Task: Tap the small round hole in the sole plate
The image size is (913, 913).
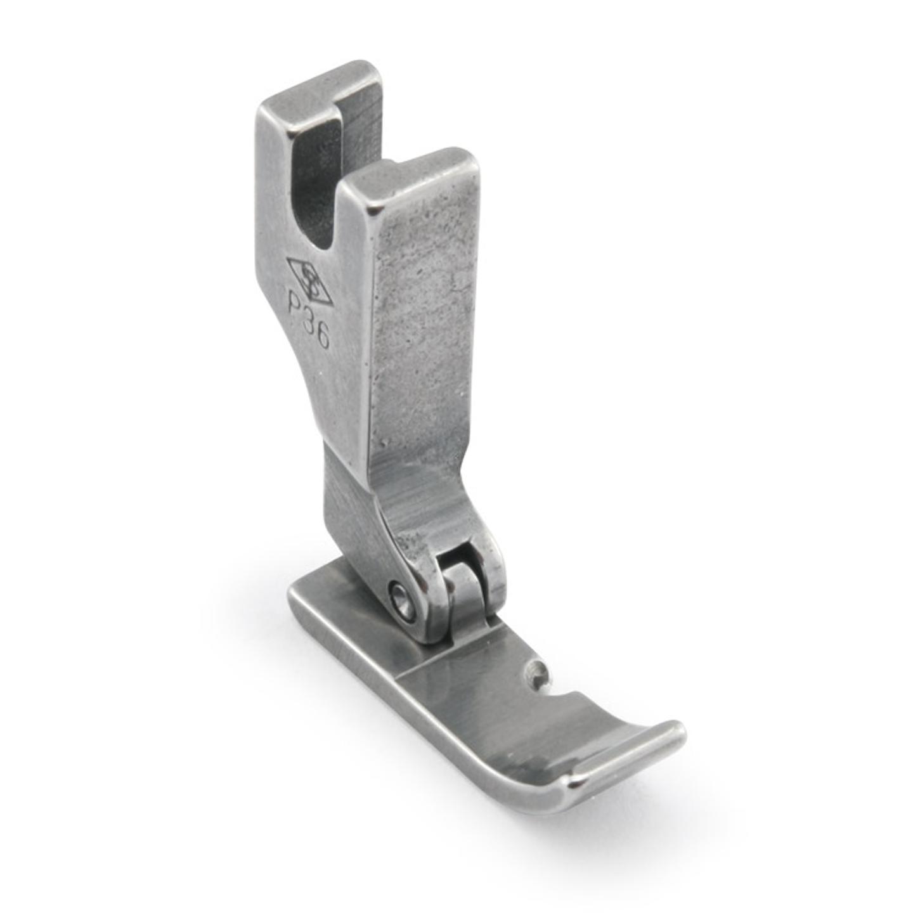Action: (x=538, y=668)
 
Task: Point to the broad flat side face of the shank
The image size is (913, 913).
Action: (x=418, y=317)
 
